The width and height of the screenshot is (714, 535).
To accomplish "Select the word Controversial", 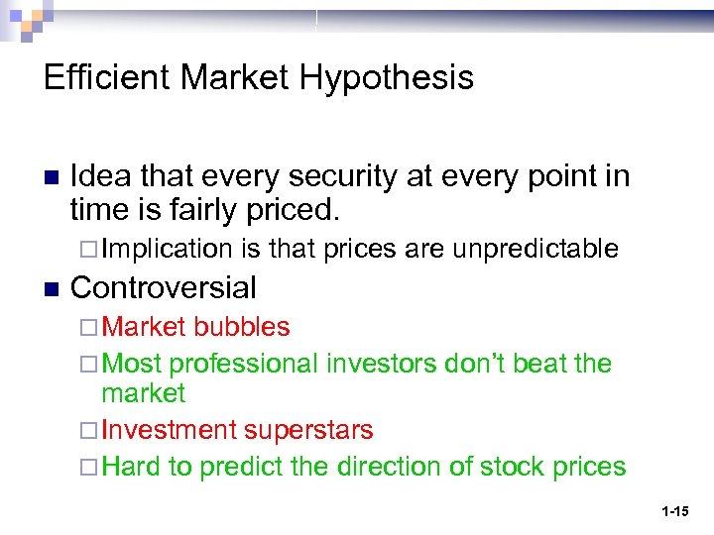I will (164, 288).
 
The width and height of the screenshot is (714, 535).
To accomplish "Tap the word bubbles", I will (243, 327).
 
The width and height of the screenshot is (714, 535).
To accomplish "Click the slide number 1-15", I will (675, 512).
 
